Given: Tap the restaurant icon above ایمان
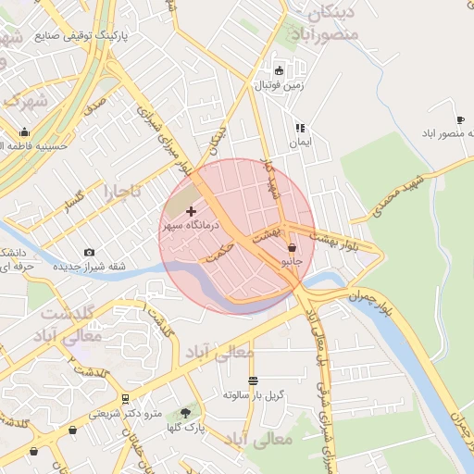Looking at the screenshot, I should click(300, 128).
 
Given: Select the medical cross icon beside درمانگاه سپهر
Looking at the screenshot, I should click(192, 212).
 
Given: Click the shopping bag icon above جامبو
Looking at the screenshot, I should click(293, 248).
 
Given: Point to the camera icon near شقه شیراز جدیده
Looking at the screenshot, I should click(89, 252).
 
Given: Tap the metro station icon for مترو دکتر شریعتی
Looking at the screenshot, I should click(125, 399).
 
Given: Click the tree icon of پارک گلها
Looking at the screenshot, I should click(185, 413).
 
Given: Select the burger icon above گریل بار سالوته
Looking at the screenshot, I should click(254, 380).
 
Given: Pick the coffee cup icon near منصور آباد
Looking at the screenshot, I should click(460, 120).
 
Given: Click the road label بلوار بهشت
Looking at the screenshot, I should click(337, 243).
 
